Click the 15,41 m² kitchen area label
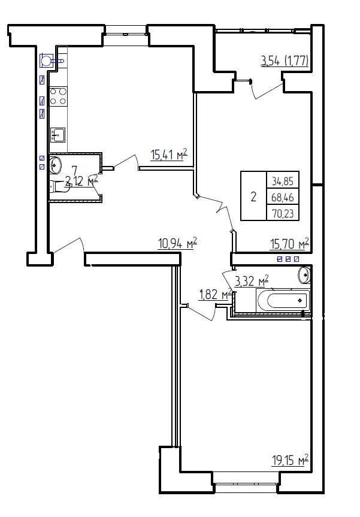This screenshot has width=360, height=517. point(169,155)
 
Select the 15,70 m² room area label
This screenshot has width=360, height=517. point(290,244)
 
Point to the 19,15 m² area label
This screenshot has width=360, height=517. point(290,460)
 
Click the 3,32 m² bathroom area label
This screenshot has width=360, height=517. point(252,281)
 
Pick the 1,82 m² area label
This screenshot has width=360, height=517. point(215,294)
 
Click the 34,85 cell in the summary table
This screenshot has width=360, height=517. point(283,181)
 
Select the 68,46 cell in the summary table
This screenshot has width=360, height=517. point(283,198)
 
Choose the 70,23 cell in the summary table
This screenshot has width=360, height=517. point(283,214)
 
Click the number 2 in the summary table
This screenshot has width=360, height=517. point(253,197)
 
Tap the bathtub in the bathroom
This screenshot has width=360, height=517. point(283,300)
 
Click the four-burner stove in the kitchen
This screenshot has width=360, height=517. point(58,96)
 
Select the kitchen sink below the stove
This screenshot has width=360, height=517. point(58,135)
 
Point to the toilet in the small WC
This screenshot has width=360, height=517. point(58,186)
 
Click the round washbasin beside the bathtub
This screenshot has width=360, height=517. point(305,274)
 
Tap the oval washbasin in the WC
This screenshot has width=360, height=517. point(55,165)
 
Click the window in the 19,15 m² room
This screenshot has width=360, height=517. point(246,478)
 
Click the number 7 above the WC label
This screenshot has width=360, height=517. point(74,171)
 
